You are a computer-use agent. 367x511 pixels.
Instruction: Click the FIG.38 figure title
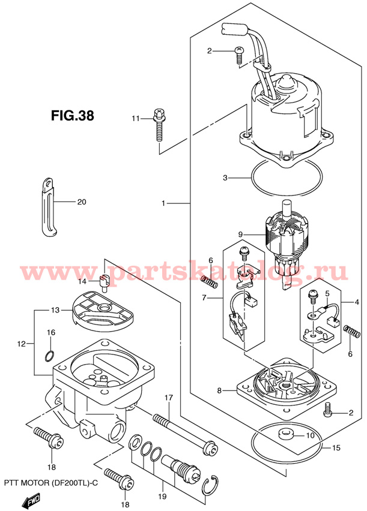73,115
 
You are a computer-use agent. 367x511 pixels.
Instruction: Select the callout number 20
82,202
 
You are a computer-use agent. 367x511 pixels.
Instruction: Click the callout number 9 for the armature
240,234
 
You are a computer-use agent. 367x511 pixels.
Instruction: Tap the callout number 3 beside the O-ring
225,178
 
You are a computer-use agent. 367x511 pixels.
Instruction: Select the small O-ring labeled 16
49,356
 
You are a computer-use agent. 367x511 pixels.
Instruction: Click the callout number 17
168,398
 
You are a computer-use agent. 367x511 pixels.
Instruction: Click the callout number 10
310,435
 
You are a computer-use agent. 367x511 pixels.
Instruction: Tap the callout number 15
336,448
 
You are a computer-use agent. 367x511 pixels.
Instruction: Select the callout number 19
162,497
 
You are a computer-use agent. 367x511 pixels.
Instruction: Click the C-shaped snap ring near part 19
208,486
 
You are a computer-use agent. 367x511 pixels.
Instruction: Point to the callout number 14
82,281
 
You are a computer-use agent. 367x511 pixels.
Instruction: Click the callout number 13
55,310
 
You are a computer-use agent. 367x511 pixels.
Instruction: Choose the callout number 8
219,390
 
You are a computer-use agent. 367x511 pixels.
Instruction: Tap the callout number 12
21,344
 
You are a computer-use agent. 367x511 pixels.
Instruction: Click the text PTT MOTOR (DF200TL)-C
51,483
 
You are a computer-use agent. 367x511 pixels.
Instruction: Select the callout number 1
163,203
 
